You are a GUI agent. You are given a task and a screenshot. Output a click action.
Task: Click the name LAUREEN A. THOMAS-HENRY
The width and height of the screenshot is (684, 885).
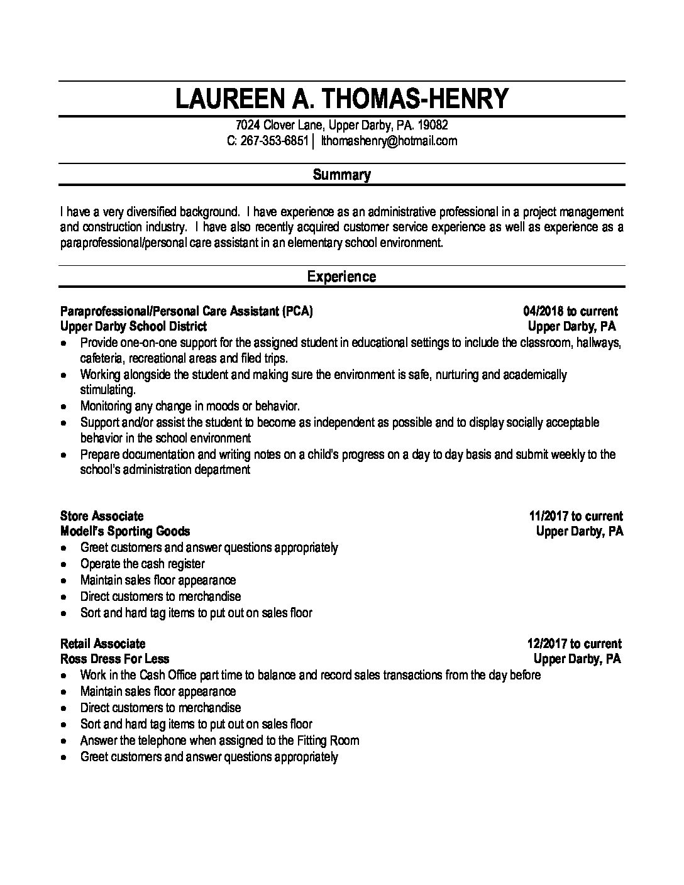[x=341, y=99]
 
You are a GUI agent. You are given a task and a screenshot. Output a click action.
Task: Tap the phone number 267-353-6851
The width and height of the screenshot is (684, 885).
[x=274, y=141]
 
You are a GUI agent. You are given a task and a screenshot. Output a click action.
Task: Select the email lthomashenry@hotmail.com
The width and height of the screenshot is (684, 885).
[x=389, y=141]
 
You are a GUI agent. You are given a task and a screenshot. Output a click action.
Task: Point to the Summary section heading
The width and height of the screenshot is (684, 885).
[x=341, y=175]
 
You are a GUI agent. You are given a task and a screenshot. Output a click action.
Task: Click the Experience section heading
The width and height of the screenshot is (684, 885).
[x=341, y=277]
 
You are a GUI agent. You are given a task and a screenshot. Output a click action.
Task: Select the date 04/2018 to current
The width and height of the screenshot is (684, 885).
[x=570, y=311]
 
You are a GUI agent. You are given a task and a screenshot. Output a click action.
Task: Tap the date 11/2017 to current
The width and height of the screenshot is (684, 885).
[x=576, y=516]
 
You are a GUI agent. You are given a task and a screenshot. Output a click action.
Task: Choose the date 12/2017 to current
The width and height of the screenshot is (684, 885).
[x=574, y=644]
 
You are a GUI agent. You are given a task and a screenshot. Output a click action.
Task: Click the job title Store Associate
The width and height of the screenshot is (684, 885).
[x=102, y=516]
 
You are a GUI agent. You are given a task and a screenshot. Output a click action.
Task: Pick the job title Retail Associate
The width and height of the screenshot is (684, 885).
[x=102, y=644]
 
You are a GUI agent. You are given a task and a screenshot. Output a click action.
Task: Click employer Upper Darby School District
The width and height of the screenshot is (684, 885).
[x=133, y=326]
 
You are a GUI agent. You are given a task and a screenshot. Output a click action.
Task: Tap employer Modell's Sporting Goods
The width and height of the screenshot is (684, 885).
[x=125, y=532]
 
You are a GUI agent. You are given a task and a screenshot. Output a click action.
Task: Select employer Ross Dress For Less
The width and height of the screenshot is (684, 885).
[x=114, y=659]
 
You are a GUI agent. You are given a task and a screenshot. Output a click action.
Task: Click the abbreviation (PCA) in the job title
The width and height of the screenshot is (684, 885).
[x=297, y=311]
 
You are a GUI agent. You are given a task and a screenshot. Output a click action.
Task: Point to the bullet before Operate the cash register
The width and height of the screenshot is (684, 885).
[x=65, y=564]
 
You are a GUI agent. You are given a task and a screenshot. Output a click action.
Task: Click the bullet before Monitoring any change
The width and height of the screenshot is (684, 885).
[x=65, y=407]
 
